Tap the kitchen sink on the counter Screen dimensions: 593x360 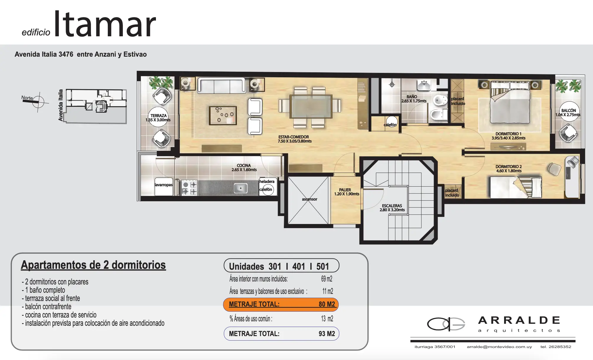(240, 188)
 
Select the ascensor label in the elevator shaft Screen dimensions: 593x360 (309, 199)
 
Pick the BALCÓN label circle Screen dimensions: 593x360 (568, 112)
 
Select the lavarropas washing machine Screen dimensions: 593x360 (164, 186)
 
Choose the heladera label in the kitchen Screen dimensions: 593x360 (267, 181)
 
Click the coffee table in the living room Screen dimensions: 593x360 (223, 115)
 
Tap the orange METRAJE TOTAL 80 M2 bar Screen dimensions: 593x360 (281, 305)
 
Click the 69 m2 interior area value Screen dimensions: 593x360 (327, 279)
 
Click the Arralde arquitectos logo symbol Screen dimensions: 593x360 (446, 324)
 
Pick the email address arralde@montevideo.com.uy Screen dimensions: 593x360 (499, 347)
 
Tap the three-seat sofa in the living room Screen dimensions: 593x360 (221, 85)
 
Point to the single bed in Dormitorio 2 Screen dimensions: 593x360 (516, 187)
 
